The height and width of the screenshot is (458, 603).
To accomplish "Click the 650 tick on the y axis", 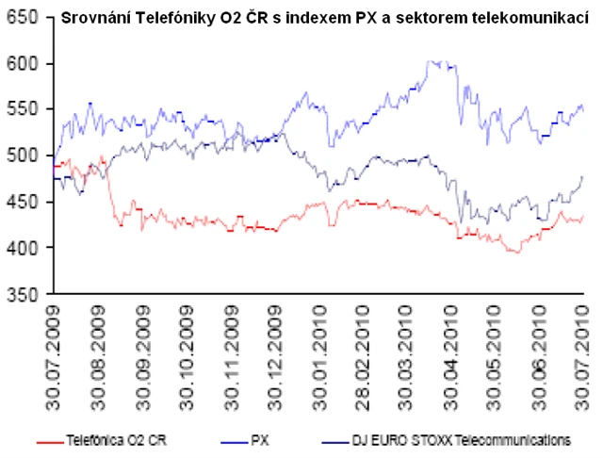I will point(23,18).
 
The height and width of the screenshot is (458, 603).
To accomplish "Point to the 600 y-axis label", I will point(23,64).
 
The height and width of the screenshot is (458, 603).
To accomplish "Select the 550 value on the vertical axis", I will point(23,109).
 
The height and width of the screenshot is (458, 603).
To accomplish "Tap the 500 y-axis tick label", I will point(23,155).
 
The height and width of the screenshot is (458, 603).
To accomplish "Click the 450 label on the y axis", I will point(23,202).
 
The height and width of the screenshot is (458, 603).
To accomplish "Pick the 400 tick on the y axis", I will point(23,248).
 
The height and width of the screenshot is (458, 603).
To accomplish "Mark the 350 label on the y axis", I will point(23,294).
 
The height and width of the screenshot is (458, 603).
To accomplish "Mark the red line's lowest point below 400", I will point(514,253).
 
